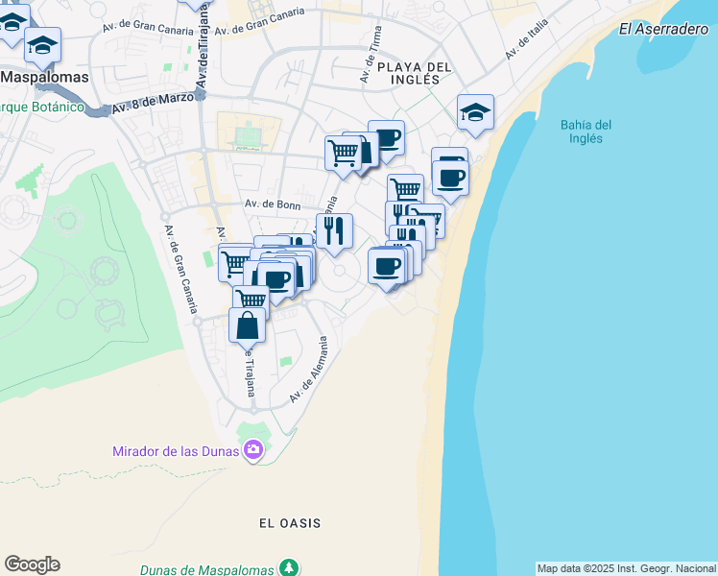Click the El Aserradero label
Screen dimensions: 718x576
[663, 29]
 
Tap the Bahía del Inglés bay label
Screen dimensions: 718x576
[586, 132]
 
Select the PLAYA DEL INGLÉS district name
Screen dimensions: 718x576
[414, 73]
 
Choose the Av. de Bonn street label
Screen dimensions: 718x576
[273, 204]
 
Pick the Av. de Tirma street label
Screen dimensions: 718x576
[371, 55]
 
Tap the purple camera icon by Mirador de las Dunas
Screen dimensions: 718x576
[253, 449]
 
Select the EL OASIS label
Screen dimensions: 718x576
[290, 523]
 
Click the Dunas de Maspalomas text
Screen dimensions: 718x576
[207, 570]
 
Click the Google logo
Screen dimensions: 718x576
[32, 564]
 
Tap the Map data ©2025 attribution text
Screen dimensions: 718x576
[627, 568]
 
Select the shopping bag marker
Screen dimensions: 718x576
[247, 325]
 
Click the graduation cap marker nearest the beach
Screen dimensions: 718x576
[475, 112]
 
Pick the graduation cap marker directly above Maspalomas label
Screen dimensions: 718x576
[43, 44]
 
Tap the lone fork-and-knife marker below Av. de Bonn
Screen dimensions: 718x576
[334, 230]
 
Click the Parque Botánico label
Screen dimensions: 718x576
[43, 107]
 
